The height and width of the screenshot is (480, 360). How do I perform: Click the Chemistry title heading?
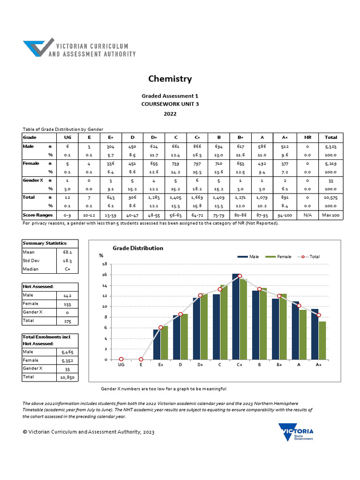170,79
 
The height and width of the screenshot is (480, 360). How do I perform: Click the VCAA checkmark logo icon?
38,48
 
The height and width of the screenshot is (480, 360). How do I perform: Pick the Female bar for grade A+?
322,340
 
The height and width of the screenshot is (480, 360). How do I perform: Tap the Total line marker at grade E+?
161,328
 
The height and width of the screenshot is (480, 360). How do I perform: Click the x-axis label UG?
121,365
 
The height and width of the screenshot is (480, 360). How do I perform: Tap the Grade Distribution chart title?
138,248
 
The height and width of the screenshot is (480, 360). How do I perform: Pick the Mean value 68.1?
67,252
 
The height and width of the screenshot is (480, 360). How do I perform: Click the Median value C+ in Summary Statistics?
67,269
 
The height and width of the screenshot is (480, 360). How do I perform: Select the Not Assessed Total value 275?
67,322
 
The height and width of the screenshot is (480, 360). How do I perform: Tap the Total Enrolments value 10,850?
67,377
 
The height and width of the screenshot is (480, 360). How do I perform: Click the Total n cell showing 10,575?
330,198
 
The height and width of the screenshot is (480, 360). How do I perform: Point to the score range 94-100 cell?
285,215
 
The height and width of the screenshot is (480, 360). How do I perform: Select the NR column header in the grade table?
307,137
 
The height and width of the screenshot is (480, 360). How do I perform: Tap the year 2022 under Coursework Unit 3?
170,114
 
